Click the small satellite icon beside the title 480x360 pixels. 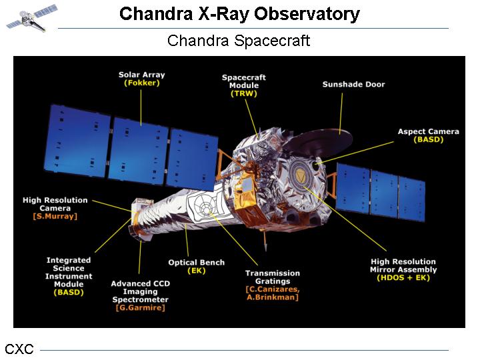pos(31,18)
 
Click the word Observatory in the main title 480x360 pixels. pos(307,14)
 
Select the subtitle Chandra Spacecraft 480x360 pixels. pos(239,41)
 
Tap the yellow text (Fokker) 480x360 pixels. pos(142,83)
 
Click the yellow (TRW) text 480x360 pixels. pos(244,93)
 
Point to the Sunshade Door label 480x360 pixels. pos(353,84)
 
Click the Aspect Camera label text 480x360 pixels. pos(428,131)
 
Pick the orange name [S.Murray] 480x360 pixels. pos(55,216)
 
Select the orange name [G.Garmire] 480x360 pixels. pos(141,307)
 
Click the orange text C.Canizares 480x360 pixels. pos(273,289)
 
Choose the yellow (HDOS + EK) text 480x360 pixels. pos(403,277)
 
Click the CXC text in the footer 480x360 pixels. pos(19,349)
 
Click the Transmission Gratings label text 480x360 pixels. pos(273,277)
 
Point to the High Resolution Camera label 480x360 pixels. pos(55,204)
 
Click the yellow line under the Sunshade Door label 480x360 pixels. pos(341,113)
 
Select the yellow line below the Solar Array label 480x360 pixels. pos(141,107)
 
